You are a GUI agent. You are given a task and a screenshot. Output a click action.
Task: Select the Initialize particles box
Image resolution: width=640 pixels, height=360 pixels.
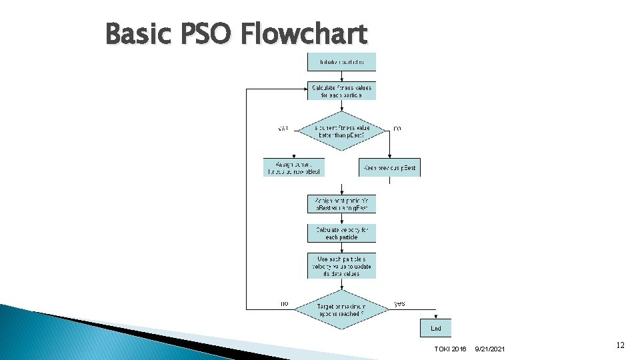[341, 62]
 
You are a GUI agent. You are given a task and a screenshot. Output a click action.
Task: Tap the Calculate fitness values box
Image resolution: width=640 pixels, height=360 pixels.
[341, 91]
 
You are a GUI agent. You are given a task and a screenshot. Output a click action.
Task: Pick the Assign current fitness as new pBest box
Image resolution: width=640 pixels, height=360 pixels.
[294, 167]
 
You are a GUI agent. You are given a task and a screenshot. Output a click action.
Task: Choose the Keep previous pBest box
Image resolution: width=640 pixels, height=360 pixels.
[390, 167]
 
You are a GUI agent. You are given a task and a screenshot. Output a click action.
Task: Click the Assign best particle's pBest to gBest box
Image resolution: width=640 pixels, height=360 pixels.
[341, 204]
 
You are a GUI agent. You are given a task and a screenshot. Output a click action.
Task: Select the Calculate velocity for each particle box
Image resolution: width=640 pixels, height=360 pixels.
[341, 233]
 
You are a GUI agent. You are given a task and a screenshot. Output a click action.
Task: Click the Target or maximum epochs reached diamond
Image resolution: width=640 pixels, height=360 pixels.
[342, 308]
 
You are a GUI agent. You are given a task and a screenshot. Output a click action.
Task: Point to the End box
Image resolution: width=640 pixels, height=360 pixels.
[435, 328]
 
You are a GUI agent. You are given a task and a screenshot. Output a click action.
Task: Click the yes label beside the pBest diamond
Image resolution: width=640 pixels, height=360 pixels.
[283, 128]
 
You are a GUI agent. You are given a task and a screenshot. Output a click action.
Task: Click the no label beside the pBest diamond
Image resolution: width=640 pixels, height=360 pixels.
[397, 127]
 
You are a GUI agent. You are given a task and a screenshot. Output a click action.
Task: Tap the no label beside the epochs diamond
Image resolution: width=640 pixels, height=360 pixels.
[285, 303]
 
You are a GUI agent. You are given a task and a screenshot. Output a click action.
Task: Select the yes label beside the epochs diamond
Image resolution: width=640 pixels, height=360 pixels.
[399, 303]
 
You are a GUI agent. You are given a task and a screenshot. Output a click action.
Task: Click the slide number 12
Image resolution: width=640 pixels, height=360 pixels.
[620, 345]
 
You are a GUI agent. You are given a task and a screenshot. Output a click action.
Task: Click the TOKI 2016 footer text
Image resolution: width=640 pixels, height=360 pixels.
[450, 349]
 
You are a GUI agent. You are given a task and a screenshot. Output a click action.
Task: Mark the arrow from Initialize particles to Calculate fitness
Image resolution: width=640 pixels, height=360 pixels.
[342, 76]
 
